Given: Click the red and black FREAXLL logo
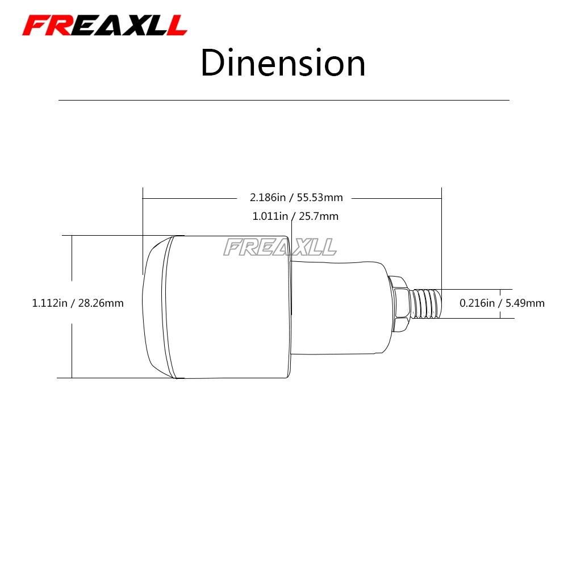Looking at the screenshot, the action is [x=105, y=26].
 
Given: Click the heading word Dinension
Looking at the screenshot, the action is [x=283, y=63].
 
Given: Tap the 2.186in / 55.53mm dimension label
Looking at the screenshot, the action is [x=296, y=198].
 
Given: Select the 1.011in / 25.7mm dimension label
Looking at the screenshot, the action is [x=295, y=216].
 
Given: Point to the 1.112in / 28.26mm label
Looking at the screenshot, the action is [x=78, y=303].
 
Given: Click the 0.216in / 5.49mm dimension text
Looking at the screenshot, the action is [x=502, y=303].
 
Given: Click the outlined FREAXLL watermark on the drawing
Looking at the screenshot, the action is [x=280, y=247].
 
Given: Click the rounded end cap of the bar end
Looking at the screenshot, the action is [x=156, y=307].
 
